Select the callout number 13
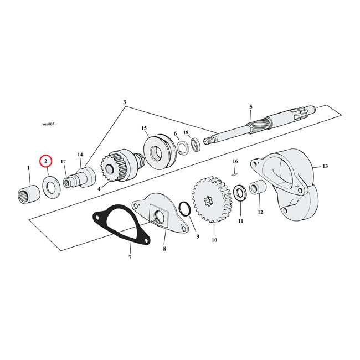point(325,166)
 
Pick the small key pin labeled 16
point(235,171)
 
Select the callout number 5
point(251,106)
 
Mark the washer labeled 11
point(241,195)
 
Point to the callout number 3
point(125,102)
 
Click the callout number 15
point(144,128)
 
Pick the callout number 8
point(164,250)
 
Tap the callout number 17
point(64,162)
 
